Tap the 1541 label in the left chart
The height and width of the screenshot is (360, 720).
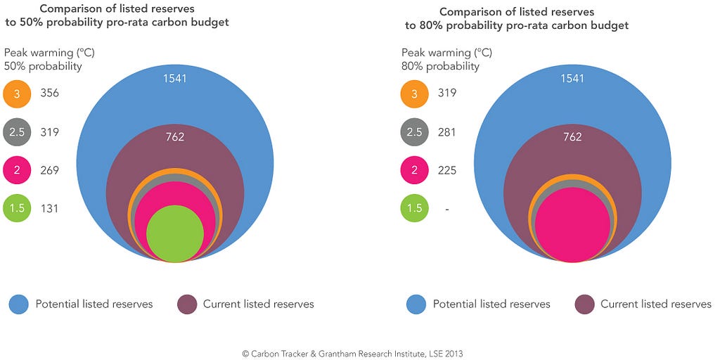[175, 78]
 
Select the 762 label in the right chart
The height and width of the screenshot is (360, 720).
[572, 137]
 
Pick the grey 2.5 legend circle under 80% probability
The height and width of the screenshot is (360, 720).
[414, 132]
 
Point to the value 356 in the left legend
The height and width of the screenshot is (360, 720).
[50, 94]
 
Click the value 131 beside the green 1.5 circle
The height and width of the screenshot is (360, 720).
[50, 208]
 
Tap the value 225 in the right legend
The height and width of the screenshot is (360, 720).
[446, 170]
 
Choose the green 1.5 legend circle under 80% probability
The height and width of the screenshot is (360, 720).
[414, 208]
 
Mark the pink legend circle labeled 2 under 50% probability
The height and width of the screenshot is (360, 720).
[17, 170]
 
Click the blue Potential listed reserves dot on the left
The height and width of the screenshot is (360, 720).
[19, 304]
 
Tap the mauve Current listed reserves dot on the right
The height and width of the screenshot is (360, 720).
[584, 304]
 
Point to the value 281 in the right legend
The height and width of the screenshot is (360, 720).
[446, 132]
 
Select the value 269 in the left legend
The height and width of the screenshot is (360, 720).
[50, 170]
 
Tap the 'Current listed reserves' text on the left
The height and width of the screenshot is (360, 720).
[258, 304]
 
